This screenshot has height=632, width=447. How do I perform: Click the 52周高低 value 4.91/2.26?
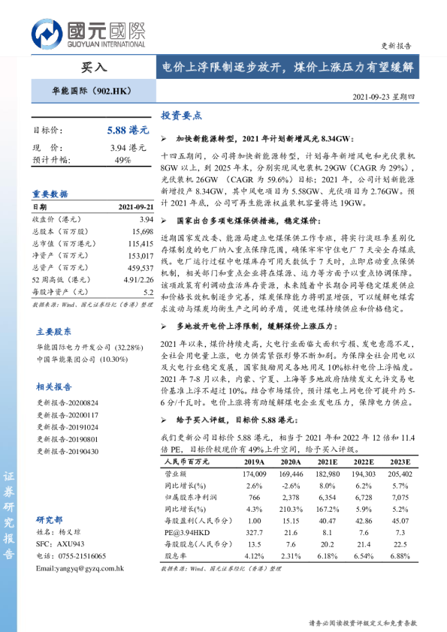point(137,280)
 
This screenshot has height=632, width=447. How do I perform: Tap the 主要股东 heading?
point(54,331)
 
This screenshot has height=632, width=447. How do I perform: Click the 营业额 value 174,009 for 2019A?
point(255,474)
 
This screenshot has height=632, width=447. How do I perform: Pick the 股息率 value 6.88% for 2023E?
point(400,556)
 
